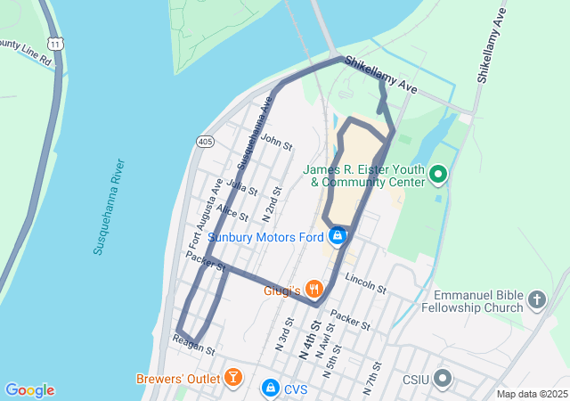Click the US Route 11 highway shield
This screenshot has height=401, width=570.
(x=57, y=43)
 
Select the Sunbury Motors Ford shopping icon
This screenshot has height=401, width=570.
(x=338, y=236)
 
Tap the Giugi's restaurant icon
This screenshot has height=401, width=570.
(x=313, y=289)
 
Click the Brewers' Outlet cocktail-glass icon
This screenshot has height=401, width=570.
(x=232, y=377)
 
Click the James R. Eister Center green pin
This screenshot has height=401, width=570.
(x=438, y=174)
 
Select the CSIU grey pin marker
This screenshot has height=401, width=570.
(x=444, y=380)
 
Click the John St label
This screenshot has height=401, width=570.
(x=277, y=143)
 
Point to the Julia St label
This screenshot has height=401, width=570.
(x=242, y=188)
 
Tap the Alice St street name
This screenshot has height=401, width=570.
(x=232, y=212)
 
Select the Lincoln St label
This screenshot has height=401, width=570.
(x=365, y=284)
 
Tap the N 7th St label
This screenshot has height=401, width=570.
(x=372, y=378)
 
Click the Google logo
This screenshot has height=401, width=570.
(x=30, y=390)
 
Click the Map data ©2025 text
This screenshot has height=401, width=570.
(x=532, y=394)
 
